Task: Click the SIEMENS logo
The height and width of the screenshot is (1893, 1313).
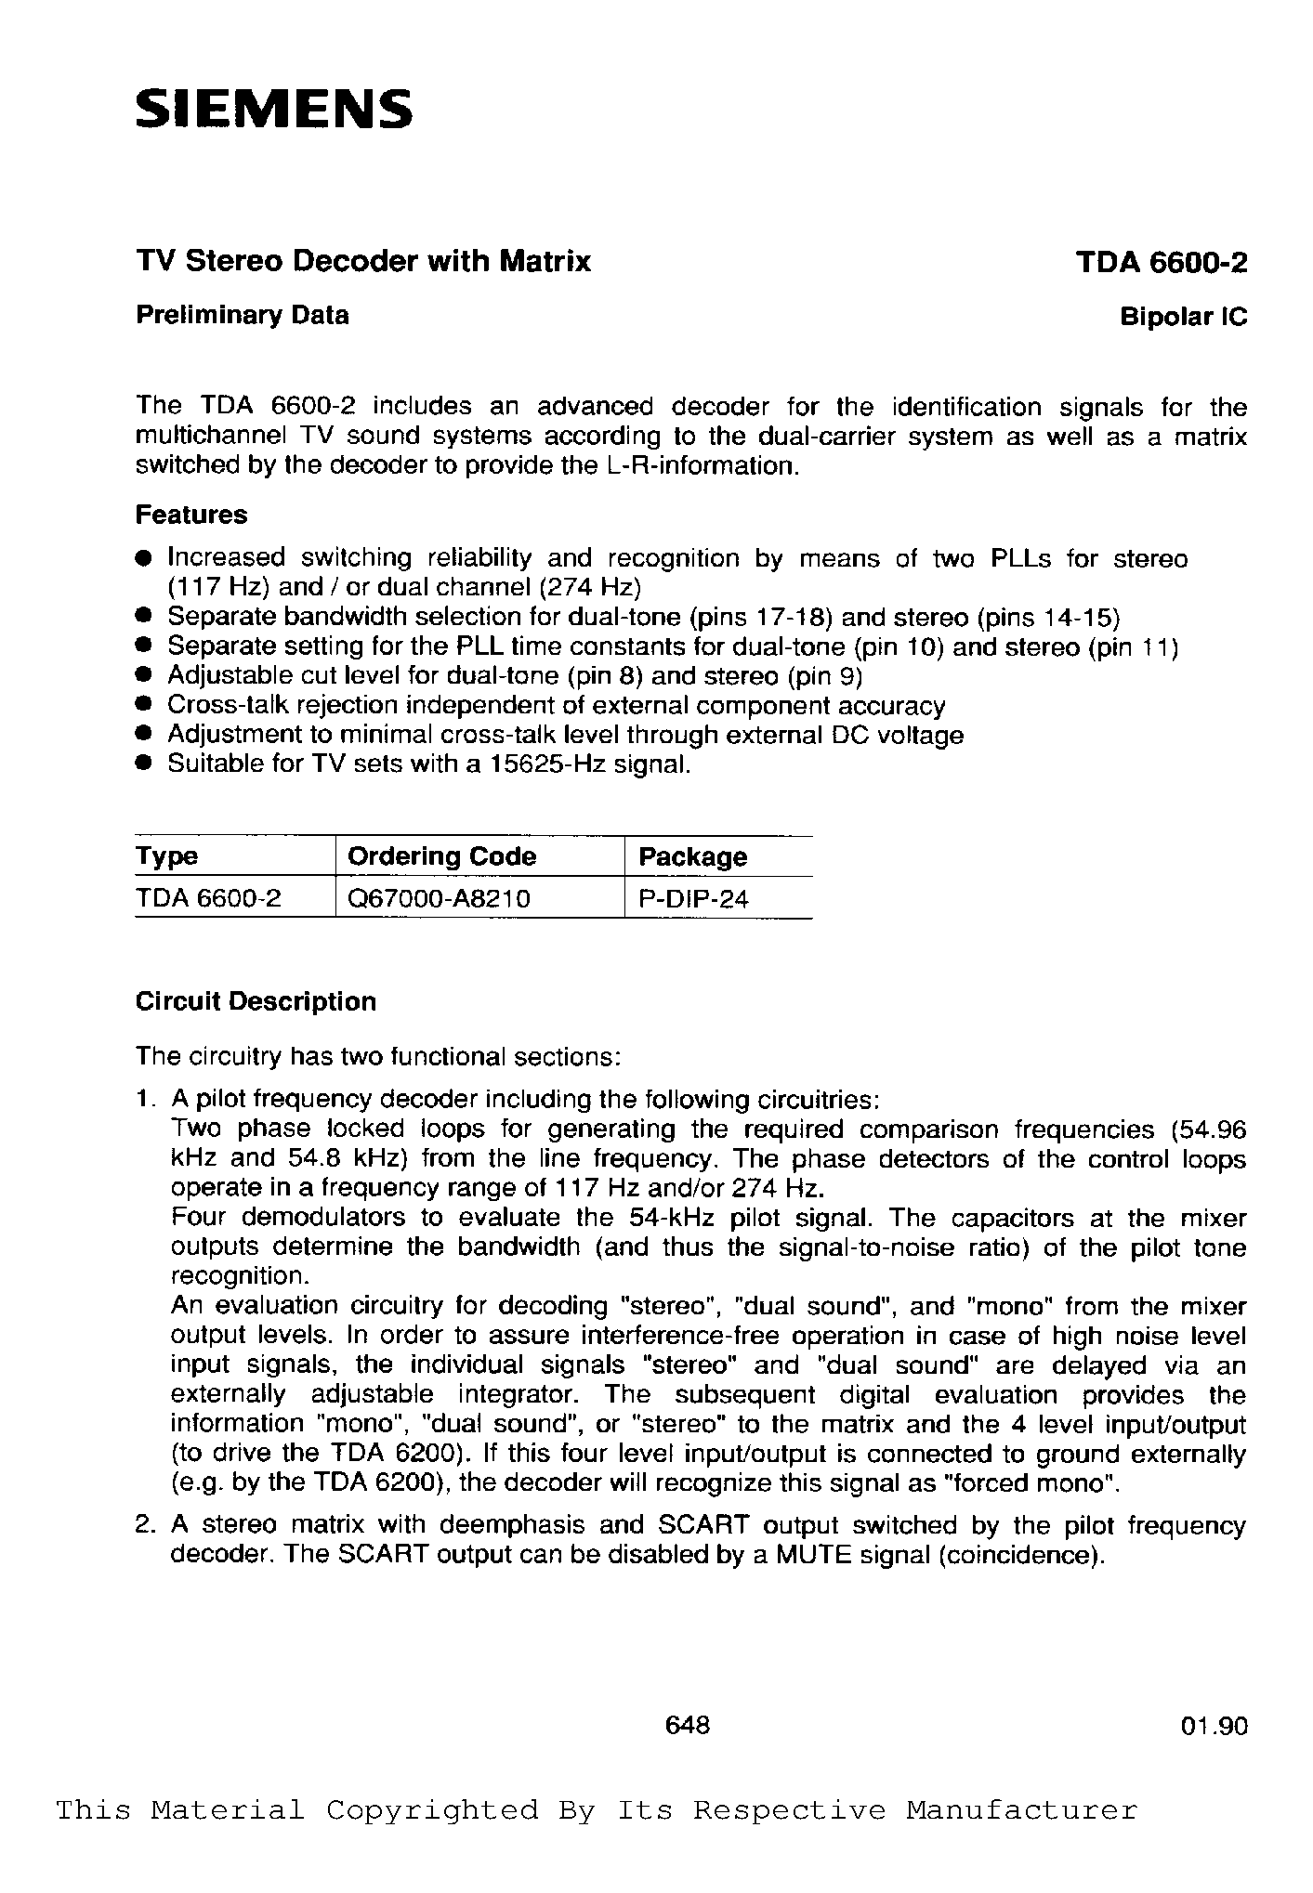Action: (x=273, y=110)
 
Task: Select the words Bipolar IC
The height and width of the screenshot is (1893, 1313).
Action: (x=1183, y=318)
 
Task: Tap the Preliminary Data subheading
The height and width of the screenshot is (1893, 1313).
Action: (x=243, y=316)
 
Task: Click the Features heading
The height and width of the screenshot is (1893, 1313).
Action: (x=191, y=515)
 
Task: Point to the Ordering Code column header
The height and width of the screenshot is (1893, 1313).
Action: (x=441, y=856)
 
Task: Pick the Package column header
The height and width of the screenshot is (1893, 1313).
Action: (x=692, y=856)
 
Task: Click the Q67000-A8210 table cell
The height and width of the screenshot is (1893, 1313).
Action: (x=439, y=898)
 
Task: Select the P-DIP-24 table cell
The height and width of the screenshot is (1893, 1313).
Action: (x=693, y=898)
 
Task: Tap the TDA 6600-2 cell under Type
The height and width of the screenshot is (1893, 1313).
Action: (x=208, y=898)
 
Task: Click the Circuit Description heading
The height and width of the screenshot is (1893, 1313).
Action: (x=256, y=1001)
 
